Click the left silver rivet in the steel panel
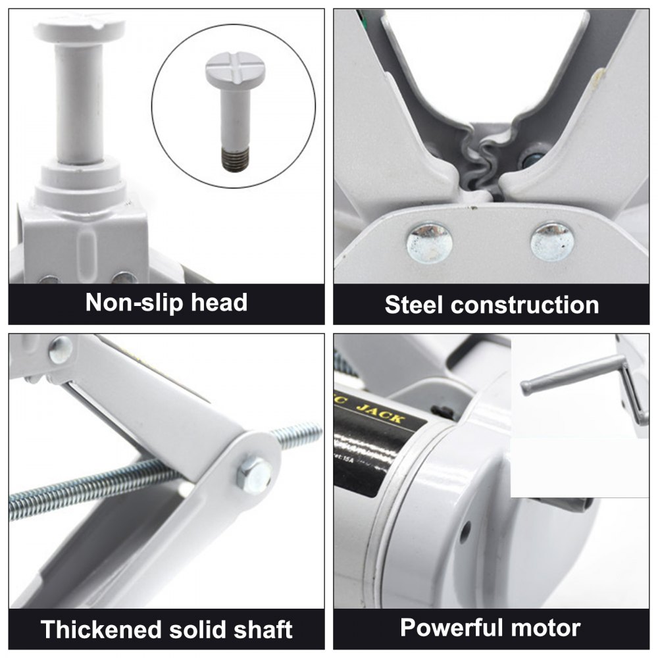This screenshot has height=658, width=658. (430, 241)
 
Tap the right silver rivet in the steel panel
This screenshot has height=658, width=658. (552, 240)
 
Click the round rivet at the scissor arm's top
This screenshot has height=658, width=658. (61, 348)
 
